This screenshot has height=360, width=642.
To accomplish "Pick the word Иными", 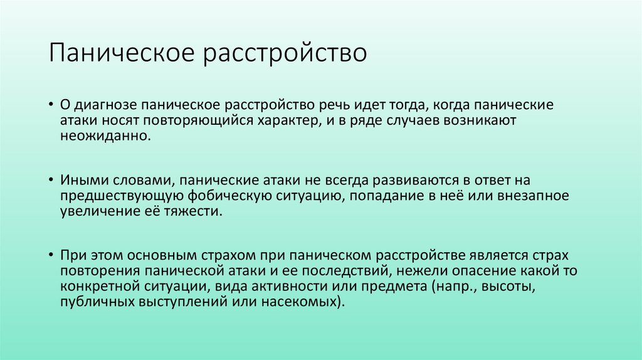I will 81,180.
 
